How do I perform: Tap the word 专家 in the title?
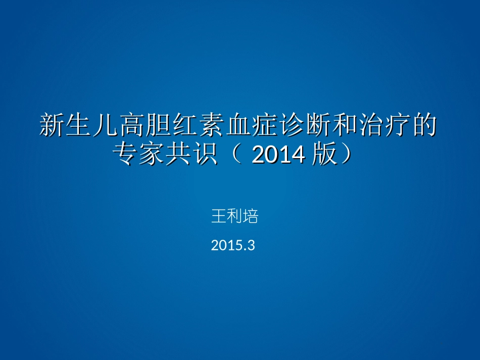coord(139,155)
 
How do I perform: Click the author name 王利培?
coord(234,217)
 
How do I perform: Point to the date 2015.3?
coord(233,246)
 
